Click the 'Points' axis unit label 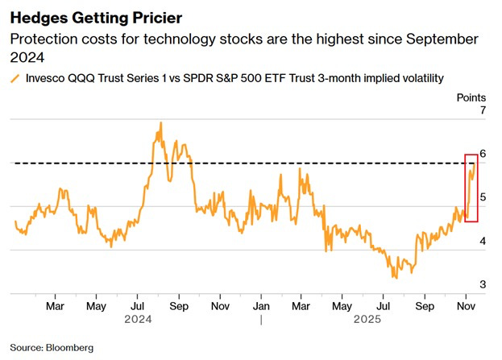click(471, 97)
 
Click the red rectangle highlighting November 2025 click(471, 188)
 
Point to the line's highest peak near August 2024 click(160, 122)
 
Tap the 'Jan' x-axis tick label click(262, 306)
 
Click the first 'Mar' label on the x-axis click(55, 306)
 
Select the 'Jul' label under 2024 click(137, 306)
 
